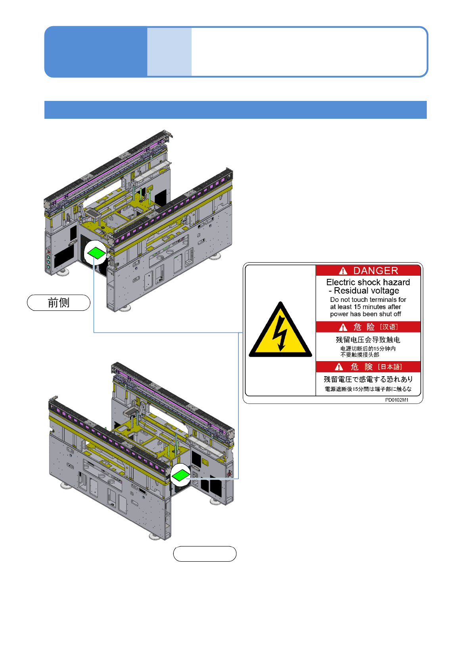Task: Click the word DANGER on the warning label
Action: (375, 271)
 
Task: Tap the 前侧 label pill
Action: (59, 303)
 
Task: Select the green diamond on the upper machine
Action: (96, 253)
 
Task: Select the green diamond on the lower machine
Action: (181, 475)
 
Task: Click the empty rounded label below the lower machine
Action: (205, 554)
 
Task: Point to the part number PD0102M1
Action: (397, 400)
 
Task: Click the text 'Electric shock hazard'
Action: (368, 282)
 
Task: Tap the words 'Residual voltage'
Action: (366, 291)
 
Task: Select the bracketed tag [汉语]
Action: (389, 327)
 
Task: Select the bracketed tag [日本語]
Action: (389, 367)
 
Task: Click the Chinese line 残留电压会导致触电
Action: (368, 340)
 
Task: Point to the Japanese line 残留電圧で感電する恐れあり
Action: (368, 379)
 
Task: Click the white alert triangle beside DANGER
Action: (343, 271)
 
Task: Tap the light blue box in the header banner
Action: (169, 52)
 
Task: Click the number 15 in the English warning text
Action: (357, 307)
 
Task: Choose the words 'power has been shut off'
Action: (365, 314)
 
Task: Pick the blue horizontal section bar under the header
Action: (236, 110)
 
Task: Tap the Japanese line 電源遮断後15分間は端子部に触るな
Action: (368, 389)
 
